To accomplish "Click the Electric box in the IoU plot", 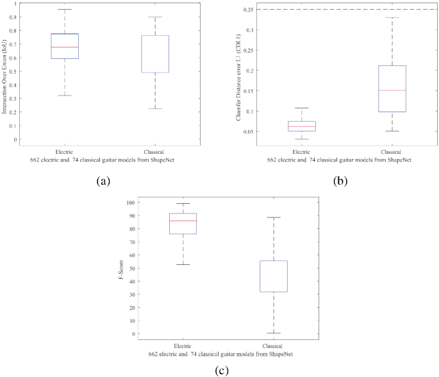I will [64, 46].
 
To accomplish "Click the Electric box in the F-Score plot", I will [183, 223].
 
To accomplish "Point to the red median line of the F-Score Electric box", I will [183, 221].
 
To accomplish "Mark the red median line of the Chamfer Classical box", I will [392, 90].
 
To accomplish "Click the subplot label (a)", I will [104, 181].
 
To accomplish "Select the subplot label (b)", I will [340, 181].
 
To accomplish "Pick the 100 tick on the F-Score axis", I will [131, 203].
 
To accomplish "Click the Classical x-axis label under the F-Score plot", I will [274, 346].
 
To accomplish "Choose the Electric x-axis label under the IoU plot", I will [64, 151].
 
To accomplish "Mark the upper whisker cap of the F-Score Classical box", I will [274, 218].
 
